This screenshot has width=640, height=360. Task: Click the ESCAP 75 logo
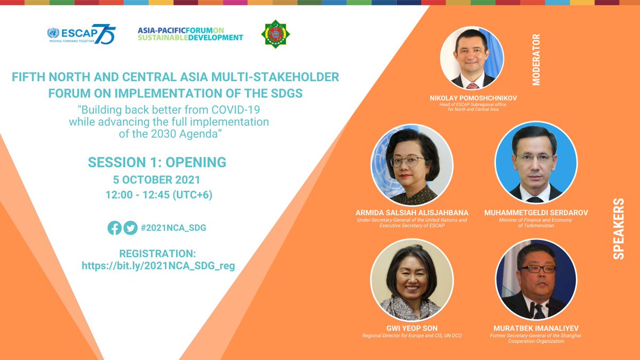(81, 35)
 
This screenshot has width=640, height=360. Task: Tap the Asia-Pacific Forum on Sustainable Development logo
(190, 34)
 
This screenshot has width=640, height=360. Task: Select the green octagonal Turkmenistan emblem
(275, 34)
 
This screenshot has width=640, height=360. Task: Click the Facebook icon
(114, 228)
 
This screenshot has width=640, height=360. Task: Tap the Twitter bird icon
(130, 228)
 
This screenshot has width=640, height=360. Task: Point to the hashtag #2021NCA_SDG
(173, 228)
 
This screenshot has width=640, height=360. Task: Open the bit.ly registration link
(158, 265)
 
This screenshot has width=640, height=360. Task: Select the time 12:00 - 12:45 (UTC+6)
(158, 195)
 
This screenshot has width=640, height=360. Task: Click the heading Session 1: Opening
(157, 162)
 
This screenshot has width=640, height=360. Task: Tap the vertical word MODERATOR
(536, 60)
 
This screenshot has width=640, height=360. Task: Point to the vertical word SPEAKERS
(618, 229)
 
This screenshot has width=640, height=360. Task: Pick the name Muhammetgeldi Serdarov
(536, 213)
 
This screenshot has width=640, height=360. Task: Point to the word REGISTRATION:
(158, 253)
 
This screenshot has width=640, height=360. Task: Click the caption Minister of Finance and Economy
(535, 220)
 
